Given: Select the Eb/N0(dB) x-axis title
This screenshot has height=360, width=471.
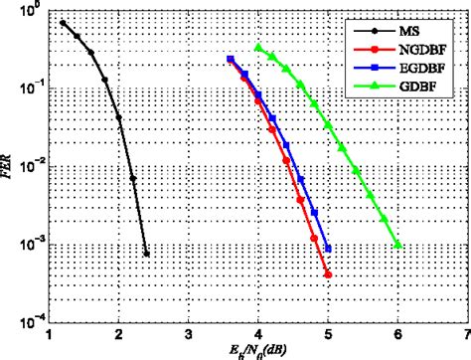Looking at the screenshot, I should coord(258,350).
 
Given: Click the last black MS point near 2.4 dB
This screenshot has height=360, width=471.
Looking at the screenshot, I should coord(146,254).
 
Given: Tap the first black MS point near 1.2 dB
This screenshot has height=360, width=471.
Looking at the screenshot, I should coord(63,23).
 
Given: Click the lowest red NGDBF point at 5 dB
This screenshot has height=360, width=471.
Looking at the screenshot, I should coord(327,274).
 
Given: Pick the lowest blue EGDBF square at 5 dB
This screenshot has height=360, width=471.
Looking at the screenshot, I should coord(327,249).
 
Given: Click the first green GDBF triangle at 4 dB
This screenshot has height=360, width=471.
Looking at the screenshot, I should coord(257,47).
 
